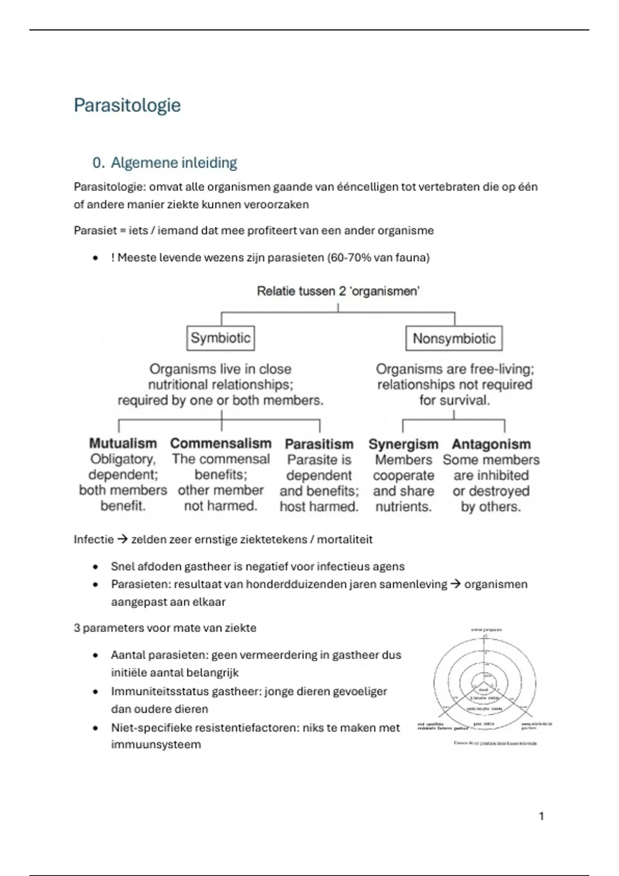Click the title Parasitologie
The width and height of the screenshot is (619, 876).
click(127, 105)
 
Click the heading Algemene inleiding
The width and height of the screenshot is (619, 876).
click(173, 163)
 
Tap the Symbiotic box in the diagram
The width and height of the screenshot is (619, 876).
click(220, 338)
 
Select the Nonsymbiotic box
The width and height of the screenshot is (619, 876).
click(454, 339)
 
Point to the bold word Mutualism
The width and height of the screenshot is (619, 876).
click(123, 443)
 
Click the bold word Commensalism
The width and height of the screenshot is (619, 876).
click(221, 443)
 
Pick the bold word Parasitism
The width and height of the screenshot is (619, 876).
click(319, 444)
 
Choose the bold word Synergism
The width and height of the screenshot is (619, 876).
click(403, 444)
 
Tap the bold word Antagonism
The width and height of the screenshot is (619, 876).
click(491, 444)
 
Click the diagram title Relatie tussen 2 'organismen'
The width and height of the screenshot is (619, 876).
click(338, 291)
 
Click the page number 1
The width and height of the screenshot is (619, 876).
click(541, 816)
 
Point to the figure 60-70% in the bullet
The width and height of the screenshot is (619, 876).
click(350, 258)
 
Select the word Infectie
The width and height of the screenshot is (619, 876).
click(93, 540)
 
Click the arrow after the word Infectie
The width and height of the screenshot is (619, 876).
click(122, 540)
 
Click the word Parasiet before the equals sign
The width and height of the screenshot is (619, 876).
click(95, 230)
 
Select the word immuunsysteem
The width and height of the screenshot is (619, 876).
click(156, 745)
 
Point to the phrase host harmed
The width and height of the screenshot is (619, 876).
click(319, 507)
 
